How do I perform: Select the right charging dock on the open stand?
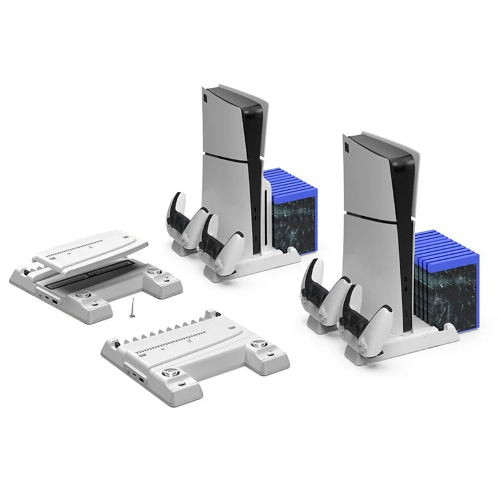point(154,273)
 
